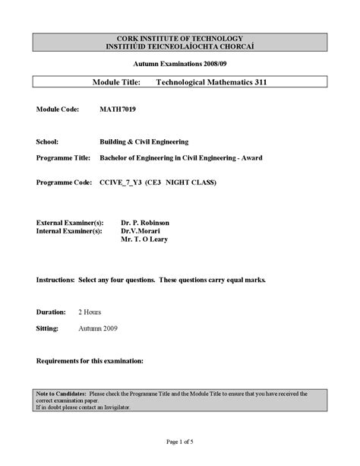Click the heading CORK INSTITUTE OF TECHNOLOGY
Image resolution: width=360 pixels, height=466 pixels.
click(179, 38)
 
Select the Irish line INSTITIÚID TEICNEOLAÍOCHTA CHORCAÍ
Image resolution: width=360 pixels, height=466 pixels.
click(179, 46)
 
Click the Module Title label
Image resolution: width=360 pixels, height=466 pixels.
click(118, 81)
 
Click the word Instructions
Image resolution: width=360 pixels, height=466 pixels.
click(55, 280)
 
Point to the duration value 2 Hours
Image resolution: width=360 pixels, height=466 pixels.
click(89, 312)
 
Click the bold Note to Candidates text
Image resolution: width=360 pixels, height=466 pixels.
click(62, 394)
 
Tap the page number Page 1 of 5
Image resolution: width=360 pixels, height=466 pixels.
click(179, 442)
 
